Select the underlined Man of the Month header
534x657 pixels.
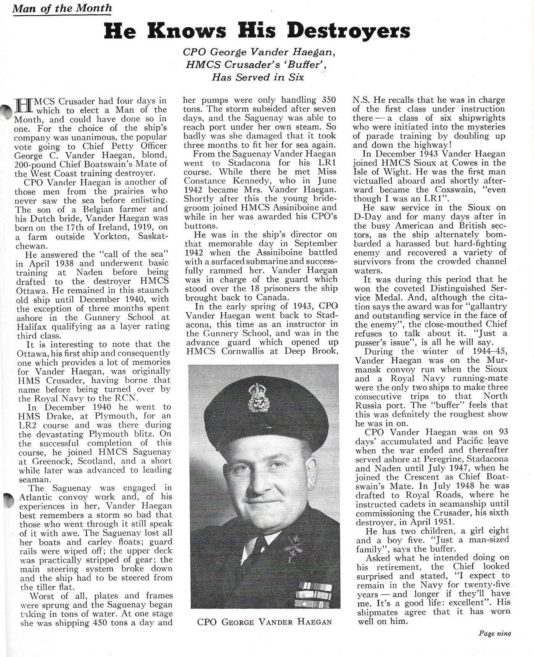[62, 8]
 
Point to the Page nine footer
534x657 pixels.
[495, 633]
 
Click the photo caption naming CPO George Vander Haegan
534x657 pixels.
[264, 622]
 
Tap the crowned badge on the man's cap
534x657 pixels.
[259, 399]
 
